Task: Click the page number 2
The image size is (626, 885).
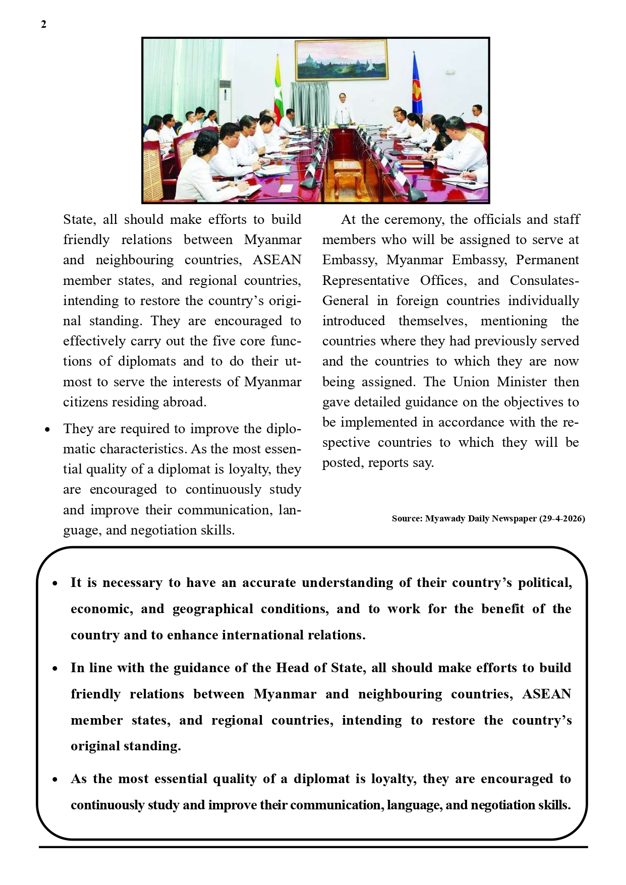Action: (x=43, y=24)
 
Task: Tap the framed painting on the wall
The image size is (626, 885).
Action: (x=341, y=60)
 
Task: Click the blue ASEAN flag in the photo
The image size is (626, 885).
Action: (x=417, y=86)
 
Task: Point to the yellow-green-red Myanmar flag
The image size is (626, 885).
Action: (x=278, y=91)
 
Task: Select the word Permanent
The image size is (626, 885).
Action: (x=547, y=260)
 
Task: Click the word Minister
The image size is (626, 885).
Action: (x=522, y=382)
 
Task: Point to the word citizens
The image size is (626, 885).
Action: (x=84, y=402)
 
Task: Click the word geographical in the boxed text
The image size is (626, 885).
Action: (x=212, y=609)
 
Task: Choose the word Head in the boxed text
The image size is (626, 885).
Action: (x=292, y=668)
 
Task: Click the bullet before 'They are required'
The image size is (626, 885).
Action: (x=47, y=430)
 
